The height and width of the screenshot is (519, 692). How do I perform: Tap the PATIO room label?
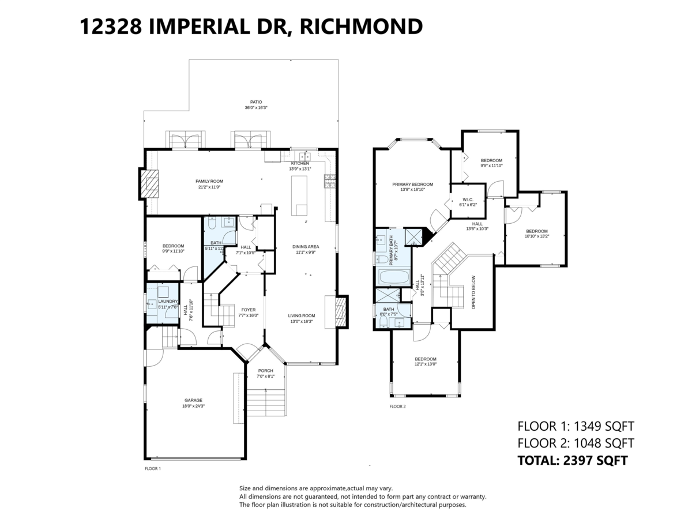tap(248, 102)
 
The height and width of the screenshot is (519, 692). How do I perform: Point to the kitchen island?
tap(299, 195)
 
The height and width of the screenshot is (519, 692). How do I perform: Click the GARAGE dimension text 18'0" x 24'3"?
tap(194, 406)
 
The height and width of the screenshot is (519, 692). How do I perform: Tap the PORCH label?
tap(265, 370)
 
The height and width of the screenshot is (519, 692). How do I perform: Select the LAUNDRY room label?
tap(168, 301)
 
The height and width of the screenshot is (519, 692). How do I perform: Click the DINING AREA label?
tap(306, 247)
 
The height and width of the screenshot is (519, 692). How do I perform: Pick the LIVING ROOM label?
tap(302, 315)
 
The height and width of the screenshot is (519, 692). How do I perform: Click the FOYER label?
tap(249, 310)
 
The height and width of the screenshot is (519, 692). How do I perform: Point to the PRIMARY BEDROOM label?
tap(412, 185)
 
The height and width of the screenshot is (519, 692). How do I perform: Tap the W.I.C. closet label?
tap(468, 199)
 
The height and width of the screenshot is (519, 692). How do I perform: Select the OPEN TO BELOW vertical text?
tap(473, 291)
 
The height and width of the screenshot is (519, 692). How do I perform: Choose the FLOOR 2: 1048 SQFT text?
tap(576, 443)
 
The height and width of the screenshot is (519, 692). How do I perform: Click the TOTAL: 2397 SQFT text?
tap(572, 460)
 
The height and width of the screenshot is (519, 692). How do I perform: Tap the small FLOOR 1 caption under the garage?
tap(152, 469)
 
